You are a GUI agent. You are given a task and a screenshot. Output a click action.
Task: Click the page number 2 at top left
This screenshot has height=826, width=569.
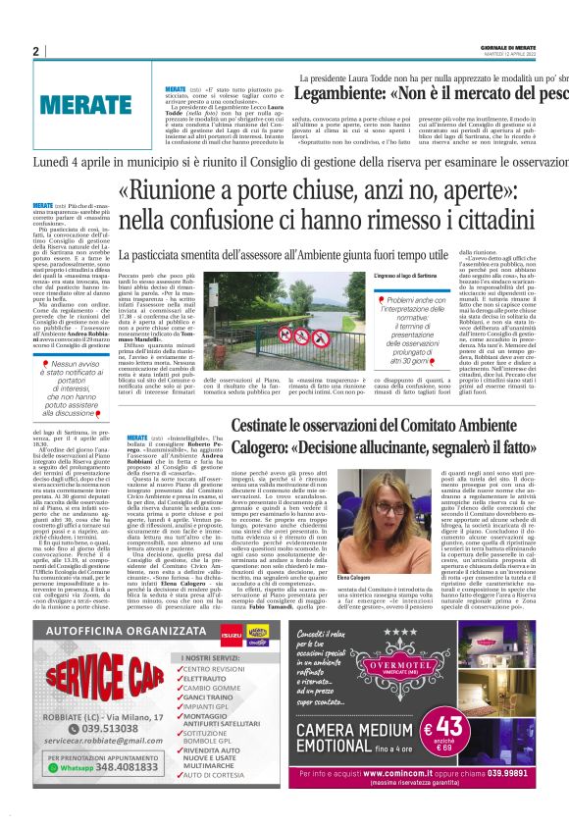35,52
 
